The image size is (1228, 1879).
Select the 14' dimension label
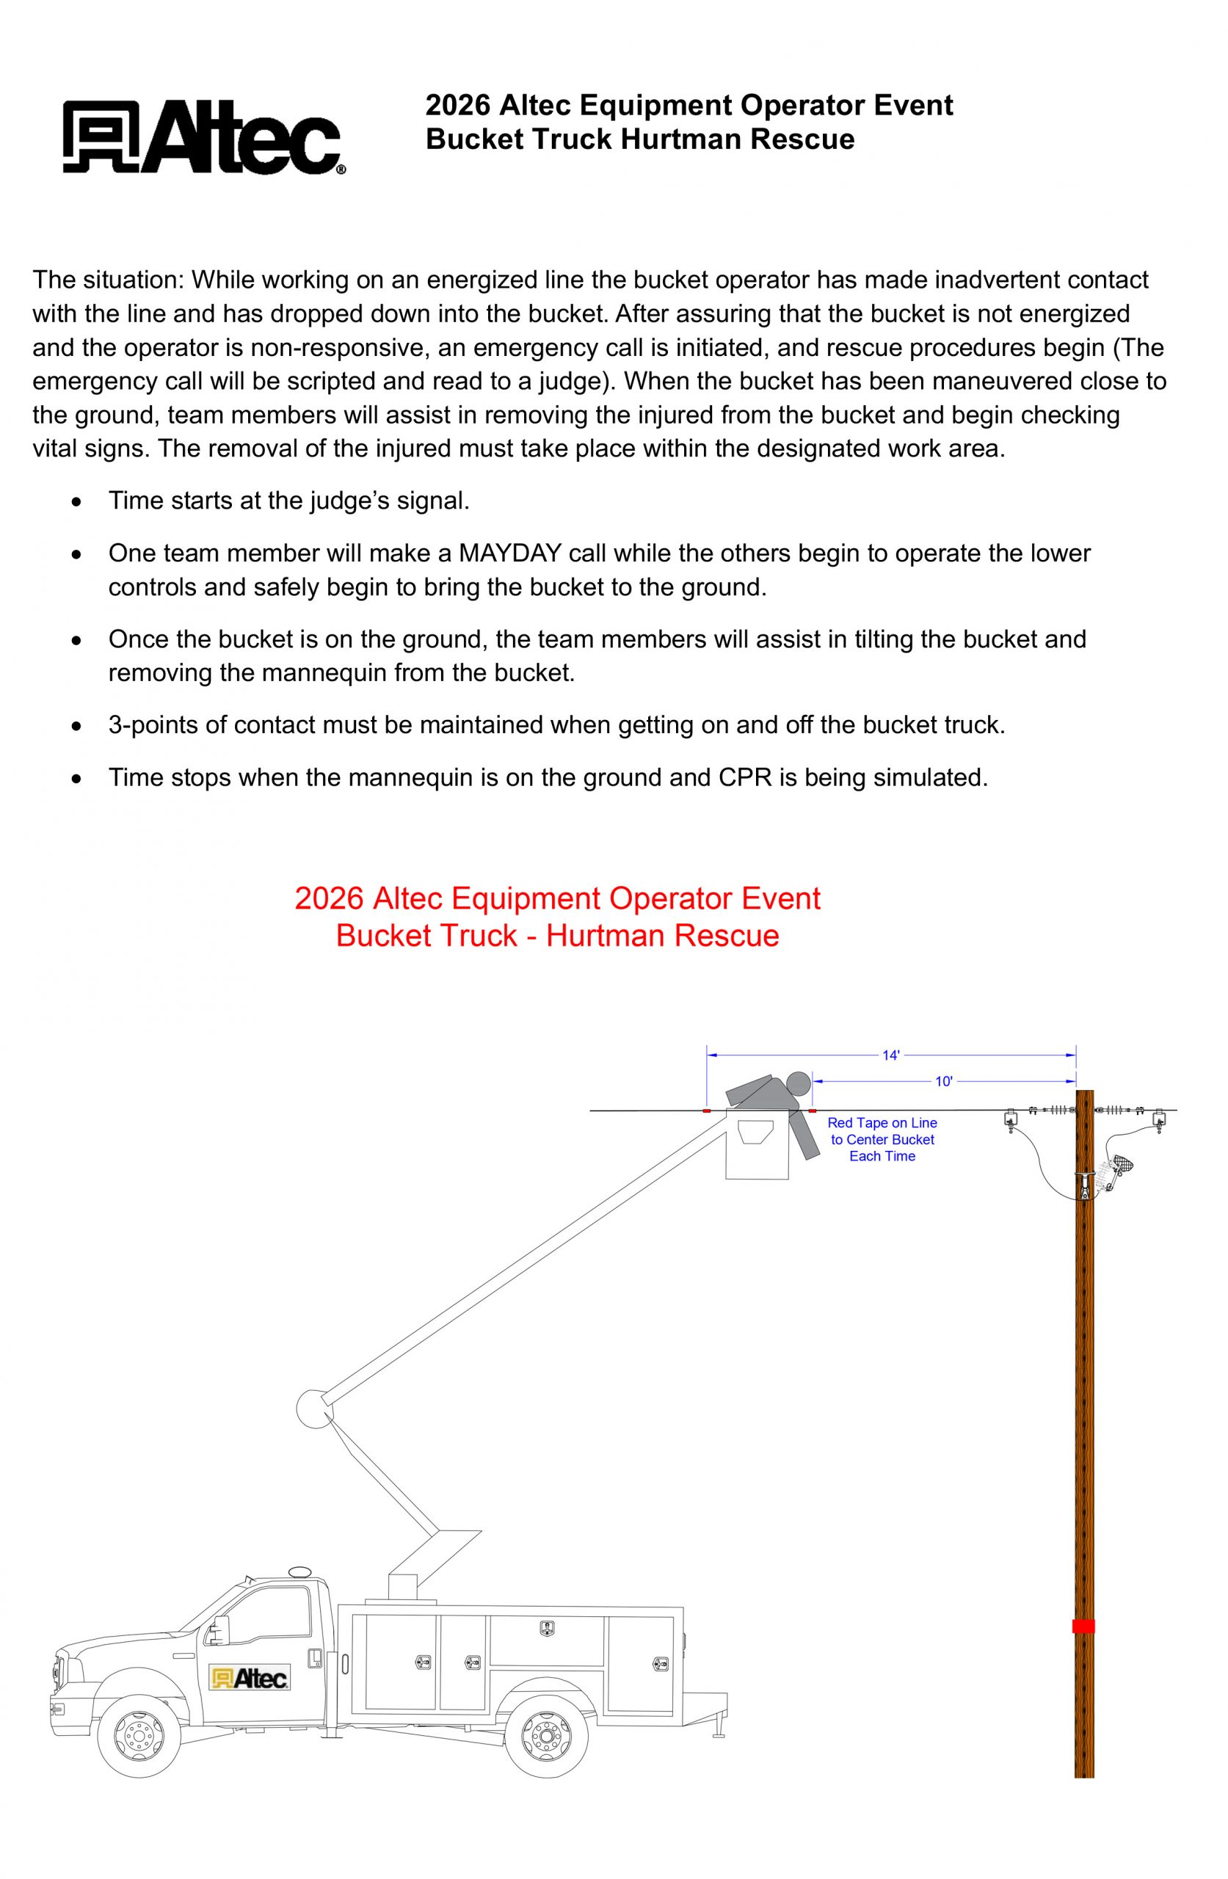[x=890, y=1055]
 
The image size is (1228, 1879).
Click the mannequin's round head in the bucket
[x=799, y=1083]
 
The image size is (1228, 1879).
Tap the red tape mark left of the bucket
[x=706, y=1111]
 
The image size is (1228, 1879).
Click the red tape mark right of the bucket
[x=812, y=1111]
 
